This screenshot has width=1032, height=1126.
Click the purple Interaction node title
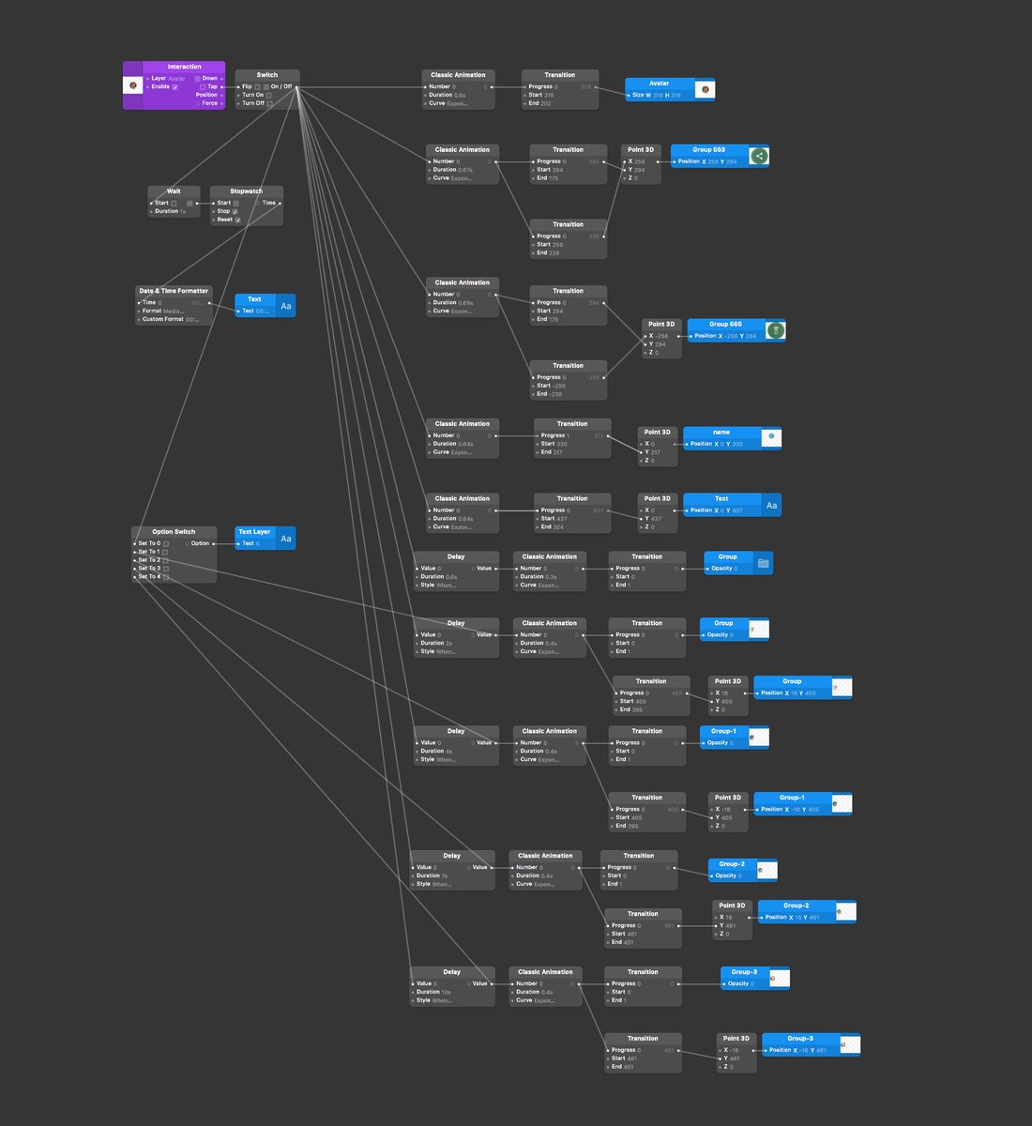pyautogui.click(x=184, y=67)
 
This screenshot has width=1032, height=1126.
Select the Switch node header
pyautogui.click(x=267, y=75)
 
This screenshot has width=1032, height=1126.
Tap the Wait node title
pyautogui.click(x=174, y=191)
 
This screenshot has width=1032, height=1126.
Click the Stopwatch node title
pyautogui.click(x=246, y=191)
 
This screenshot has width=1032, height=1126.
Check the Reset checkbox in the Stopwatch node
pyautogui.click(x=237, y=220)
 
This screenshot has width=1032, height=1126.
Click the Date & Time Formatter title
pyautogui.click(x=174, y=291)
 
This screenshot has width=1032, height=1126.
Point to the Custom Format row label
pyautogui.click(x=162, y=319)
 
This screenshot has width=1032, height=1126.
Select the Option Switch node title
pyautogui.click(x=174, y=532)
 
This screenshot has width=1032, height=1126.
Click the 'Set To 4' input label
pyautogui.click(x=148, y=577)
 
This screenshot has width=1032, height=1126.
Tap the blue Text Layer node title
pyautogui.click(x=254, y=532)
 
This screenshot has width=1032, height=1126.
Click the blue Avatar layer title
pyautogui.click(x=660, y=84)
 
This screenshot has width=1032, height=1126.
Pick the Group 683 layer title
pyautogui.click(x=708, y=150)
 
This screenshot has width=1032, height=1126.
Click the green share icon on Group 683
pyautogui.click(x=759, y=157)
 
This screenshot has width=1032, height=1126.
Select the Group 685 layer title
pyautogui.click(x=725, y=324)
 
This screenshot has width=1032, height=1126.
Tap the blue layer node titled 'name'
pyautogui.click(x=721, y=433)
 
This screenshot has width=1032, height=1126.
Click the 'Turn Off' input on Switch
pyautogui.click(x=253, y=103)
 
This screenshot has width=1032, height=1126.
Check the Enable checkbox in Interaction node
pyautogui.click(x=175, y=87)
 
